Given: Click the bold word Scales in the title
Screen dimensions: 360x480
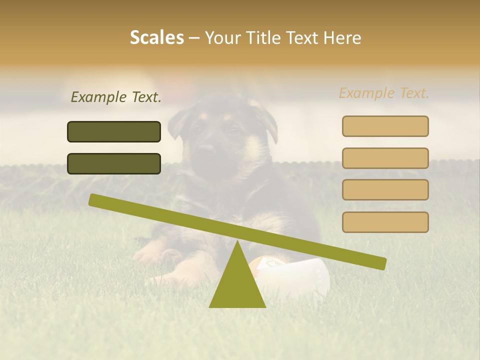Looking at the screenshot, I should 156,37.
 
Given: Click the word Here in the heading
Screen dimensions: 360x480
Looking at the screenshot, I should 342,37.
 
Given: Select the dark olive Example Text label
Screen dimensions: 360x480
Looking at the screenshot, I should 116,97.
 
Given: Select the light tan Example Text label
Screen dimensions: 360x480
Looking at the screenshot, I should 384,93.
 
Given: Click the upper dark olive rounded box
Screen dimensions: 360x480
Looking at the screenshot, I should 114,131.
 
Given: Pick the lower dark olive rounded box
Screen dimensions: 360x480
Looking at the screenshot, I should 114,163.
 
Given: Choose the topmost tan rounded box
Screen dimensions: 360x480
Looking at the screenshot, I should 385,126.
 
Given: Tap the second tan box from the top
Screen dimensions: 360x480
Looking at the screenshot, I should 385,158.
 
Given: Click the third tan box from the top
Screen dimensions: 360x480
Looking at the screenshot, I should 385,189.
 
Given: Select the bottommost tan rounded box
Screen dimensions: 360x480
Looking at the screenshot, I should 385,222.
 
